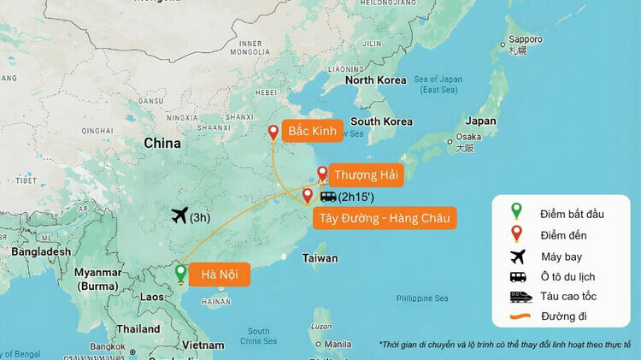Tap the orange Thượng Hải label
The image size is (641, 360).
[364, 174]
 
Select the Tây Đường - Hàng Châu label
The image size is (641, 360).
[384, 218]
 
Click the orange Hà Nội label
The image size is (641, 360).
[220, 274]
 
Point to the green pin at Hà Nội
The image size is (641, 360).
[180, 274]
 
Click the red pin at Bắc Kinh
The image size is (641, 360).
[273, 133]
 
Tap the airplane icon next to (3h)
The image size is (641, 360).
[179, 215]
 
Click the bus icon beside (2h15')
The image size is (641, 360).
[328, 196]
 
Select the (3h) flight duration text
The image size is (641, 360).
[201, 217]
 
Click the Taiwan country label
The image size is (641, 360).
[320, 258]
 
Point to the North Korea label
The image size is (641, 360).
[375, 80]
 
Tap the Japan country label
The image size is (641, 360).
[479, 121]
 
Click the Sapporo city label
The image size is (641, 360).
[525, 39]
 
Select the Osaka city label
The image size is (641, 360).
[468, 137]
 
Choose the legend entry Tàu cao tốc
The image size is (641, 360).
[568, 296]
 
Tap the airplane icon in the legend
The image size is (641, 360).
[517, 256]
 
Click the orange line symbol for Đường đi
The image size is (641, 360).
[518, 316]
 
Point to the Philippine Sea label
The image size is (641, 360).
[422, 298]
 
